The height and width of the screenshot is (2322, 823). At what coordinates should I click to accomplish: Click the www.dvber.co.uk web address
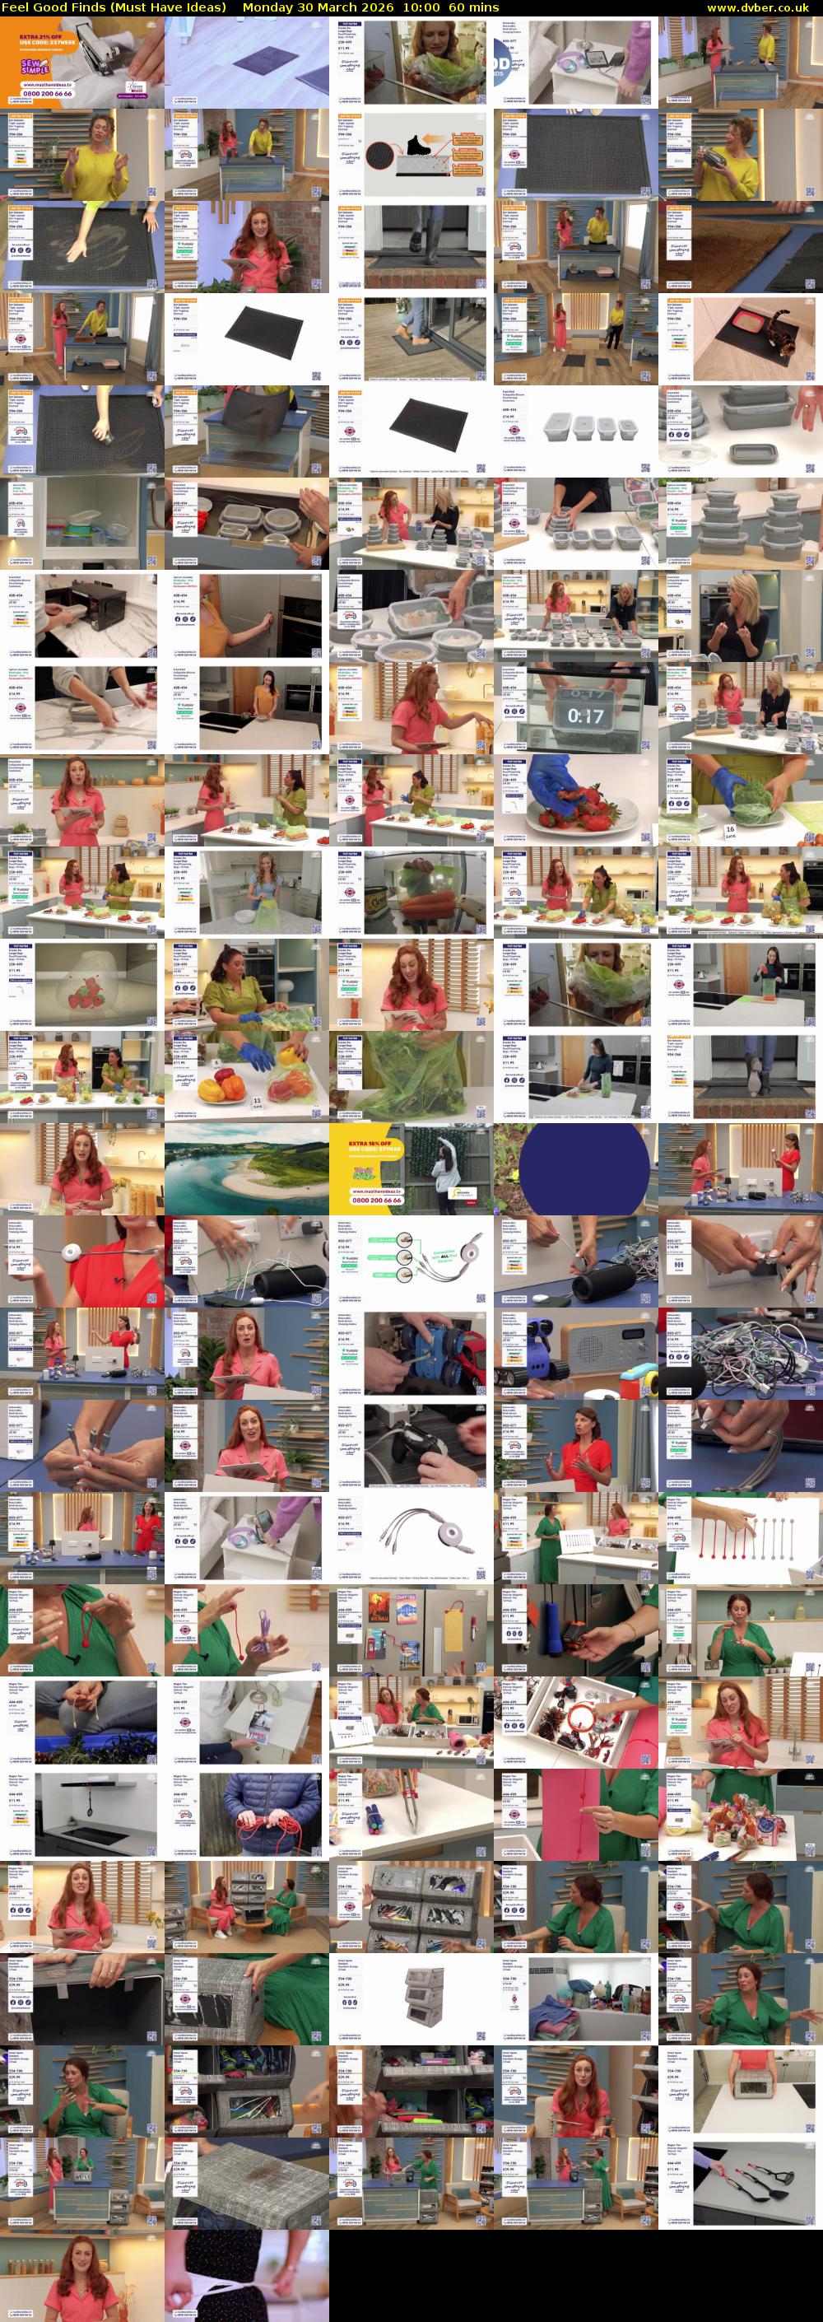coord(763,7)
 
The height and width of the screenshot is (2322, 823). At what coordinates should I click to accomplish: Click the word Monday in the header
coord(267,7)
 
